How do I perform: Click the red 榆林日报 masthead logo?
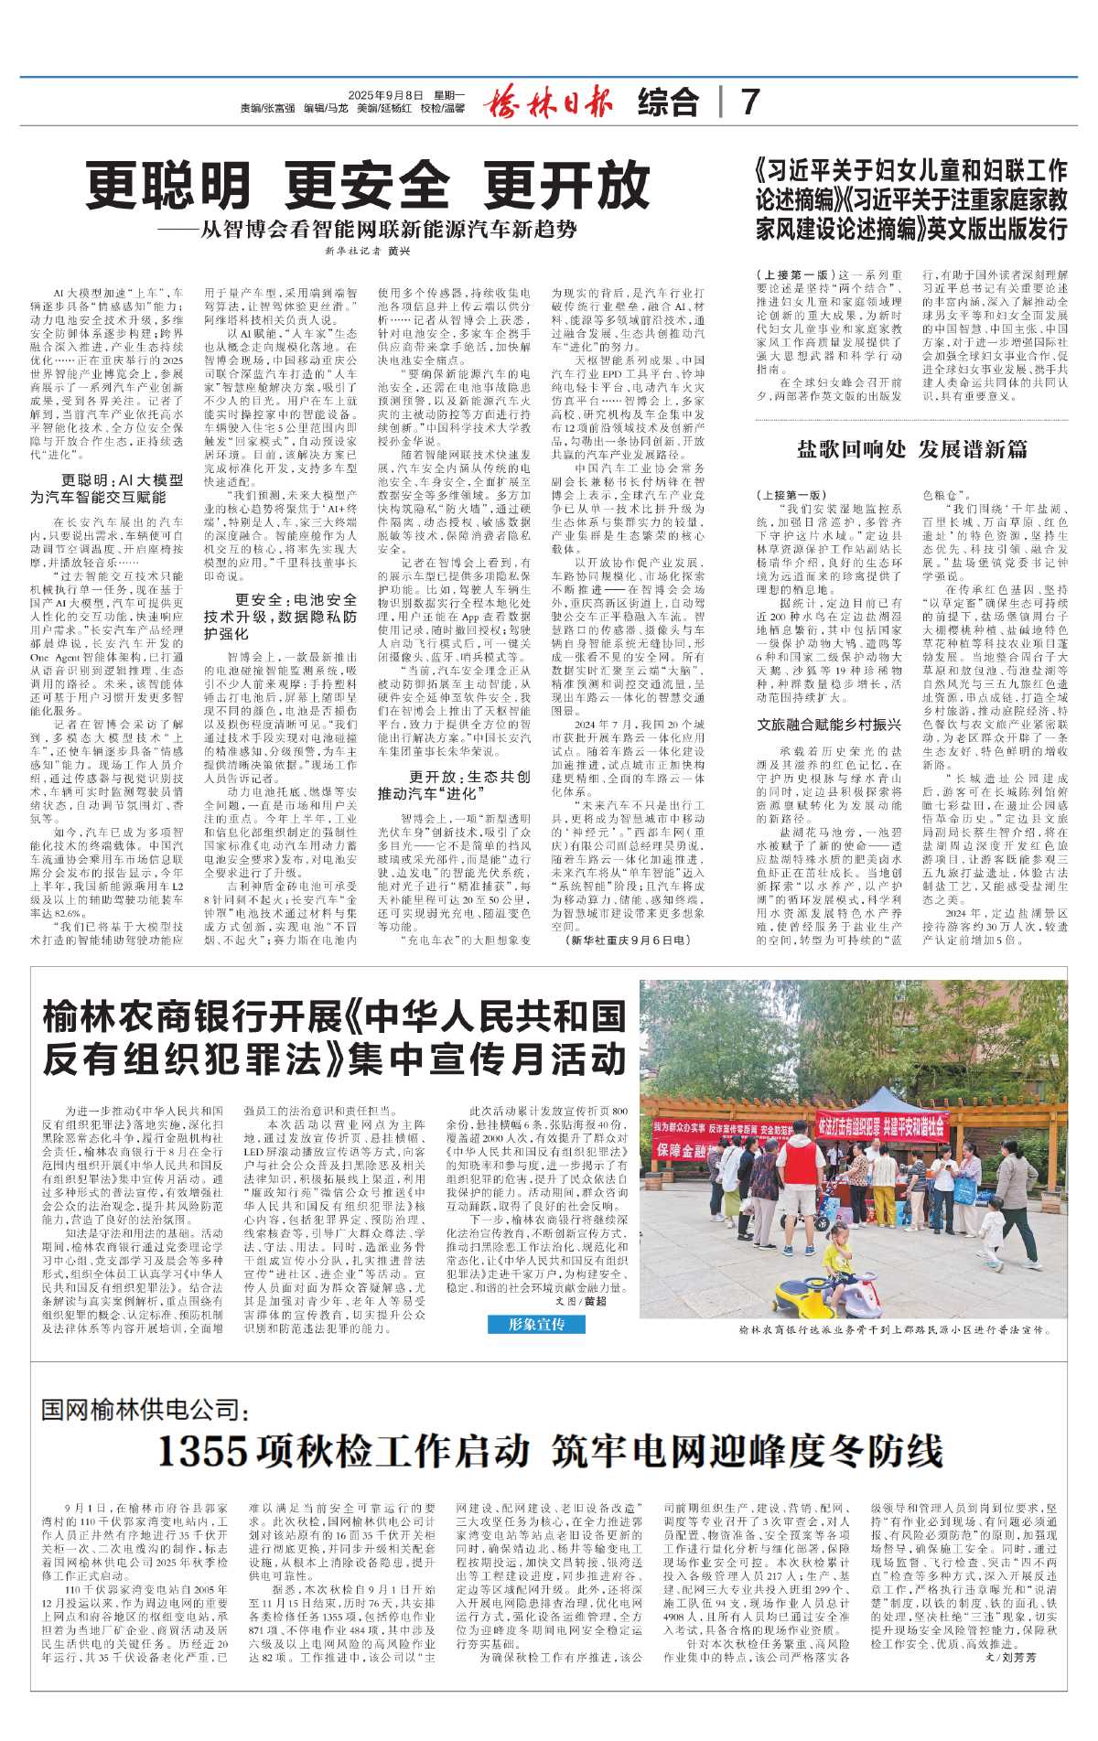point(548,102)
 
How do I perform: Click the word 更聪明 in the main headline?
point(168,187)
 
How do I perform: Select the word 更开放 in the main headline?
point(566,187)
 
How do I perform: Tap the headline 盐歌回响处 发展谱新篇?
point(911,448)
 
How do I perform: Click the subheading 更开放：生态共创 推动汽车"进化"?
point(454,785)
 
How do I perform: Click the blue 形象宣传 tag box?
point(537,1324)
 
